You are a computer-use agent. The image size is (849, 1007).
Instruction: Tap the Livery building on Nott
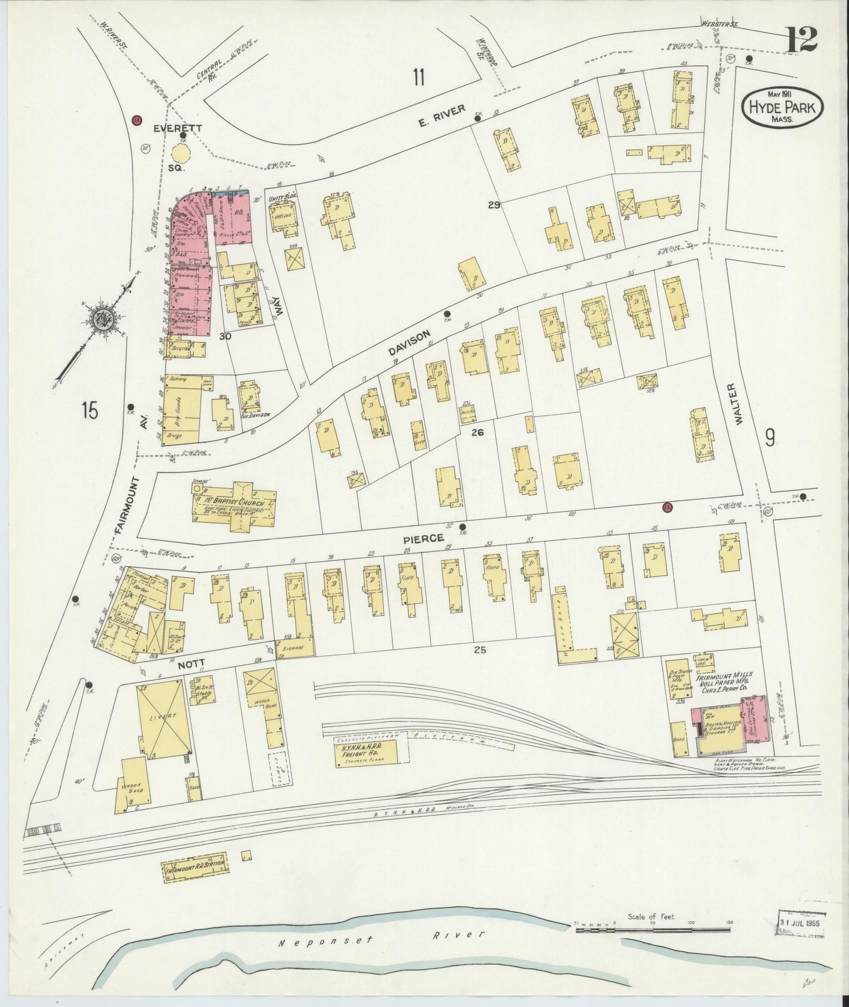point(163,718)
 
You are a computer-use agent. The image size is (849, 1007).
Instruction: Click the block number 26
point(477,432)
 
